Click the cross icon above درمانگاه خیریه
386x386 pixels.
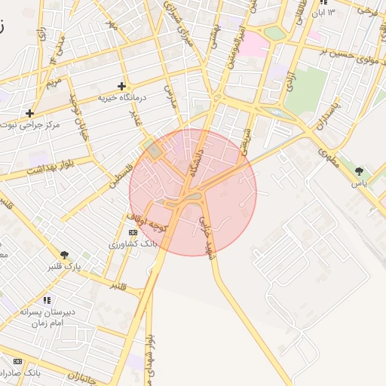(x=121, y=86)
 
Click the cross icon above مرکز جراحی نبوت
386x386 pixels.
(x=29, y=113)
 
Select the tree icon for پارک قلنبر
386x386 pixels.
(x=65, y=255)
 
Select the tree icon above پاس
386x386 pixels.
(x=359, y=171)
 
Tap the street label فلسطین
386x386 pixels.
(x=118, y=175)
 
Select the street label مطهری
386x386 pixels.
(x=328, y=152)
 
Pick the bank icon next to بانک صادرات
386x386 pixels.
(x=17, y=361)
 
